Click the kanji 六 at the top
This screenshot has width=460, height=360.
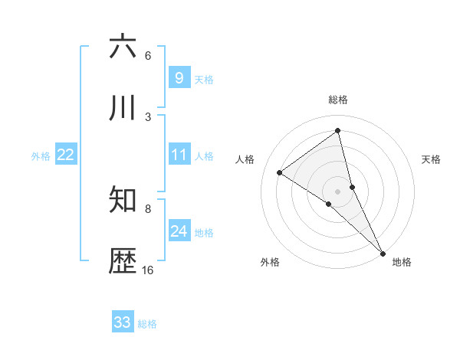tap(123, 47)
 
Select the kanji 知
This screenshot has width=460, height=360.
tap(123, 201)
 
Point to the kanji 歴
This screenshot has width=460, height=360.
tap(123, 262)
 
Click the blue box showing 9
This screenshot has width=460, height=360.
tap(179, 77)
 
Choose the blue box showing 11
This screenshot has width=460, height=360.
tap(179, 155)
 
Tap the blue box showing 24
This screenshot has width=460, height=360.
tap(179, 231)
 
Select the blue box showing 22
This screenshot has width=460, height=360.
tap(65, 155)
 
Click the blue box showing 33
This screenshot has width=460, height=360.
tap(123, 322)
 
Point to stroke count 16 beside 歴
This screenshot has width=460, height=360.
tap(147, 270)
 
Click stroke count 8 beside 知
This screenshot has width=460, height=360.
tap(148, 208)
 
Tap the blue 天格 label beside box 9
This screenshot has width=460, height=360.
tap(204, 79)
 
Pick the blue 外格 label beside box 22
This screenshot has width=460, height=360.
tap(41, 156)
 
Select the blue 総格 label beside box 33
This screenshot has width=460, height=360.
tap(147, 324)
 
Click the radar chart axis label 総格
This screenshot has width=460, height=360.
tap(337, 100)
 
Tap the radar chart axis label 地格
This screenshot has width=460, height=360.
tap(402, 262)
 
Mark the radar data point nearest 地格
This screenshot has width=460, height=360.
tap(383, 253)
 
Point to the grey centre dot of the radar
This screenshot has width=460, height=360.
tap(337, 191)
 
